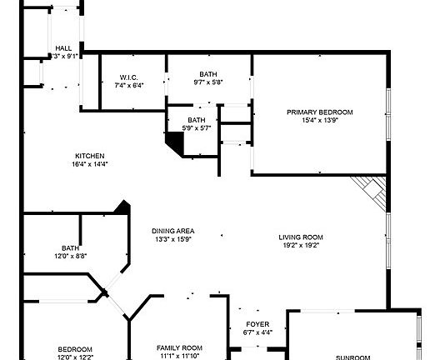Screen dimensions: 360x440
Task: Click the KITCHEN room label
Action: pos(89,156)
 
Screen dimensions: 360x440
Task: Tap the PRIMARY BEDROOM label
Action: pos(320,112)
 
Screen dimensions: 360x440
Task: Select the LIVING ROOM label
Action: pos(300,237)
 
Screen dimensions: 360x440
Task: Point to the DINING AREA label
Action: pos(172,231)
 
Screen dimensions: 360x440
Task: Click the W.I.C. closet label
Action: pos(128,77)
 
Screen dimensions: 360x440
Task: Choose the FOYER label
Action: pos(257,323)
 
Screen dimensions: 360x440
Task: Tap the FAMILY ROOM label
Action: pos(180,347)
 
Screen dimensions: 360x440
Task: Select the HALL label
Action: pos(63,48)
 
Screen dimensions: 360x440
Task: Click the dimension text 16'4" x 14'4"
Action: pos(89,164)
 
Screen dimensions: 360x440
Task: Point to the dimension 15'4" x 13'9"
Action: pos(320,121)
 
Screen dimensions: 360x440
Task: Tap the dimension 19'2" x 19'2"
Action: pos(300,245)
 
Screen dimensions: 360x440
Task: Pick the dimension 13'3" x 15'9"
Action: pos(172,239)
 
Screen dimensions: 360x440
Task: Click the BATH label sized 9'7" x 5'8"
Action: pos(208,73)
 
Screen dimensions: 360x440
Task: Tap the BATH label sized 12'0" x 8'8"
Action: pos(70,247)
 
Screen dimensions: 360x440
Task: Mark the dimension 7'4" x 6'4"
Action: pos(128,85)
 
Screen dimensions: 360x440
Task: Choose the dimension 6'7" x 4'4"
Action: pos(257,332)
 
